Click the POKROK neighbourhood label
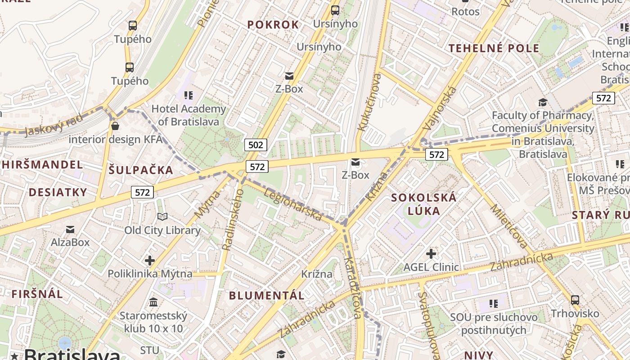click(x=273, y=25)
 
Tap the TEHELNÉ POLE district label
click(x=494, y=49)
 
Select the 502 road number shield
click(x=256, y=144)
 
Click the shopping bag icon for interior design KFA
click(x=115, y=126)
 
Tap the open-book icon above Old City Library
click(x=162, y=217)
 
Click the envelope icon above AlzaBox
click(x=70, y=230)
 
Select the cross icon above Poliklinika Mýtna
click(x=150, y=260)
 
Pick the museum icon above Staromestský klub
click(x=153, y=301)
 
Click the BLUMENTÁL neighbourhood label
click(x=267, y=296)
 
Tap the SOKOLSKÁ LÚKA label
click(x=423, y=203)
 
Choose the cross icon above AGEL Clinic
click(x=431, y=254)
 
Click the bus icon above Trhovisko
click(x=575, y=300)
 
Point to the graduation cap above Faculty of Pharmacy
click(x=543, y=103)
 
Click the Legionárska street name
click(x=293, y=205)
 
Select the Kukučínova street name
click(x=369, y=103)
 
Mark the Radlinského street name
click(x=233, y=219)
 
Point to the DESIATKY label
click(x=58, y=193)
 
